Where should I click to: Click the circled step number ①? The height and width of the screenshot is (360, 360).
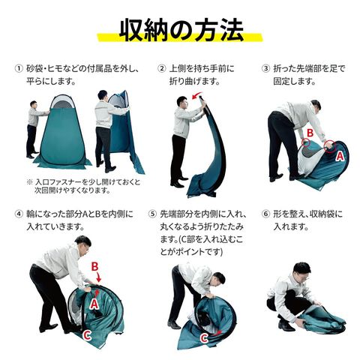click(18, 68)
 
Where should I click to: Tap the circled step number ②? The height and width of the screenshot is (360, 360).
click(162, 68)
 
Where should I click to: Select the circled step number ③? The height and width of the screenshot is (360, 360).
click(265, 68)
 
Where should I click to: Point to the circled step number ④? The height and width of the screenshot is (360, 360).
click(18, 214)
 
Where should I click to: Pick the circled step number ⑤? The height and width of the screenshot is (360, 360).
click(152, 214)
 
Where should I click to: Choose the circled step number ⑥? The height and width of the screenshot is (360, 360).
click(265, 214)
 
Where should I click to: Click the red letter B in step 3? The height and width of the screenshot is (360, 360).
click(310, 133)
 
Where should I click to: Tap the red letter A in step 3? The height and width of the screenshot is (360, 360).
click(340, 156)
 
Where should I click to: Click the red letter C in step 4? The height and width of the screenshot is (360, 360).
click(86, 336)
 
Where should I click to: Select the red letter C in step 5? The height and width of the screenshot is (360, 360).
click(204, 339)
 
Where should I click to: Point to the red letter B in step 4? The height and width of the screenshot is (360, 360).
click(94, 267)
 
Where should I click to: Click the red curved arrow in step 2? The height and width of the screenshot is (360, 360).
click(196, 95)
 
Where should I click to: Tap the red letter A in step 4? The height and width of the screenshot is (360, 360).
click(94, 304)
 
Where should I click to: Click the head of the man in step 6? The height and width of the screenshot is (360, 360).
click(302, 271)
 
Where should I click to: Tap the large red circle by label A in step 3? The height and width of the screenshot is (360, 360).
click(330, 146)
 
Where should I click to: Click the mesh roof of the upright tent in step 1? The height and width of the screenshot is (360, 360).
click(62, 102)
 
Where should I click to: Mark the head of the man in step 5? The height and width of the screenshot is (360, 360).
click(217, 279)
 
